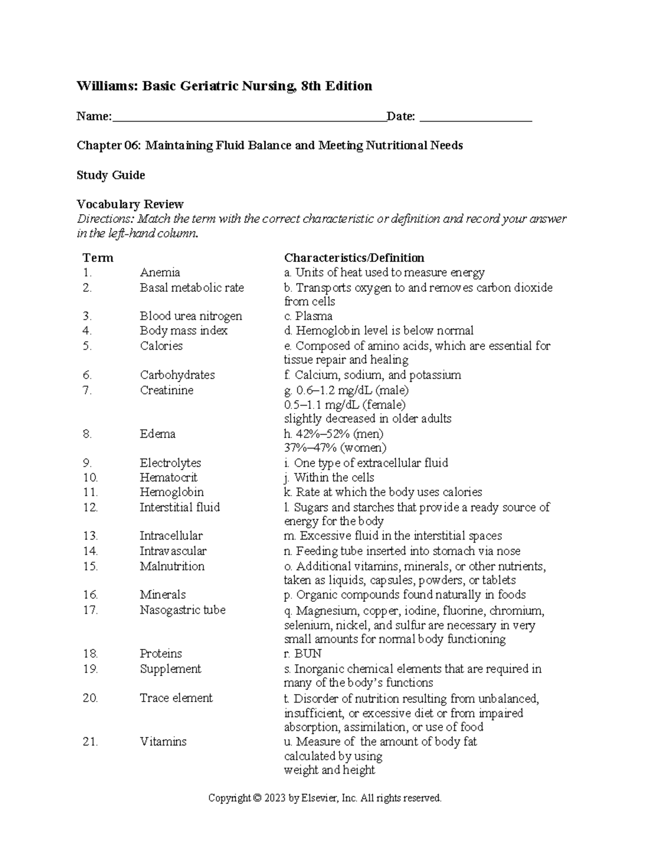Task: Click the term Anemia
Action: [159, 272]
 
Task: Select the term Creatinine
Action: [166, 390]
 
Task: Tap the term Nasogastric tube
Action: [182, 610]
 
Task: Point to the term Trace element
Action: [176, 698]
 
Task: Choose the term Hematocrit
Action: [168, 478]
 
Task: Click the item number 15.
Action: [90, 566]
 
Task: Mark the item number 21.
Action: [90, 742]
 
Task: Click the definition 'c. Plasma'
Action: [308, 316]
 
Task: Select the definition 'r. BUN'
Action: [303, 653]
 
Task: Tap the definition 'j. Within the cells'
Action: [329, 478]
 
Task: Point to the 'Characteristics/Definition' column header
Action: [354, 258]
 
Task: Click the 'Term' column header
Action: [98, 258]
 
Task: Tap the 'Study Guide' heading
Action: [111, 175]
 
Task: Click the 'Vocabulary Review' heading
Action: [130, 204]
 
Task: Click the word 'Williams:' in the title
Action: [106, 86]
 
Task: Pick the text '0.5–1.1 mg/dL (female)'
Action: [344, 404]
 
